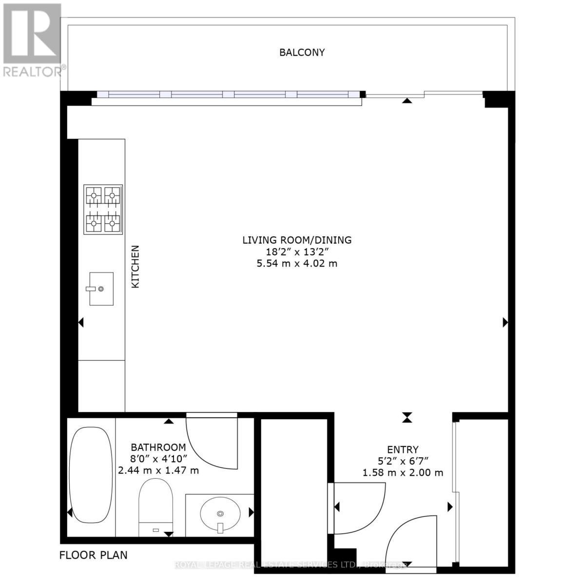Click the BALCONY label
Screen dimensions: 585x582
(x=302, y=52)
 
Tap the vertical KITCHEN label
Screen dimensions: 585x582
(x=136, y=266)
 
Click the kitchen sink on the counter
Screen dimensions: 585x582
(x=101, y=289)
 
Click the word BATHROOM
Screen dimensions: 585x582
(x=158, y=447)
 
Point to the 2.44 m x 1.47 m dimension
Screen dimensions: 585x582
(x=158, y=470)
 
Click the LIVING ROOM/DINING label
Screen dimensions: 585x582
(x=297, y=240)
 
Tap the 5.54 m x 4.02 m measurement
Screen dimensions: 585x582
(x=297, y=264)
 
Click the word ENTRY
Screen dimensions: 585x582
(x=403, y=449)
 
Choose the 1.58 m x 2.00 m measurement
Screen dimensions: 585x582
(x=403, y=472)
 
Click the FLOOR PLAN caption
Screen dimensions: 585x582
(x=93, y=555)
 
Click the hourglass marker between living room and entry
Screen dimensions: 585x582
(x=407, y=417)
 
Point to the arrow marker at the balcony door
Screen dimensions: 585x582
(x=407, y=101)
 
